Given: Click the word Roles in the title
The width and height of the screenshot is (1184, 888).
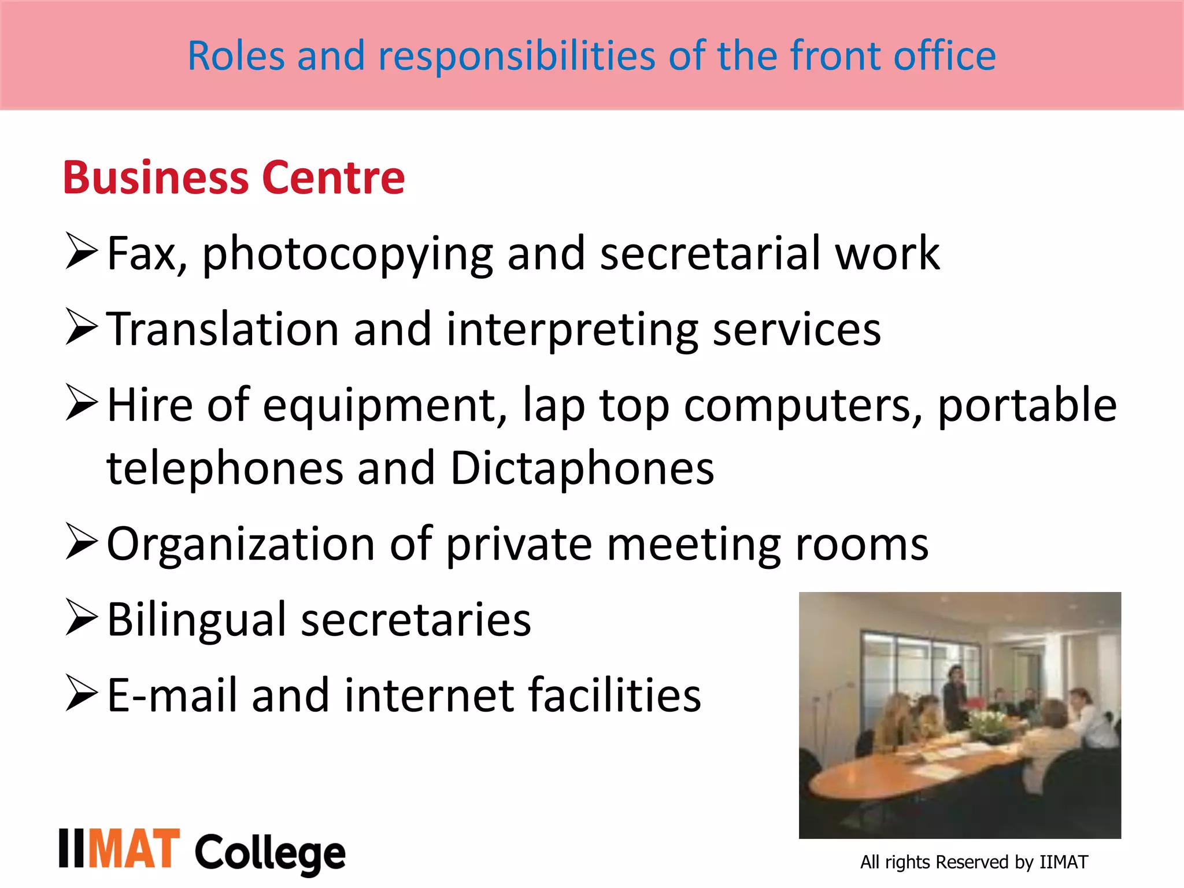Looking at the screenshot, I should click(x=236, y=56).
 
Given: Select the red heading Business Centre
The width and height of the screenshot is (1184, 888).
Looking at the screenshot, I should click(x=234, y=177).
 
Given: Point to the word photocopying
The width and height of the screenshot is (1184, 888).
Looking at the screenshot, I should click(x=347, y=254).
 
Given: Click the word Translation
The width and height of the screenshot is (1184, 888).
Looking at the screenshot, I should click(x=223, y=329).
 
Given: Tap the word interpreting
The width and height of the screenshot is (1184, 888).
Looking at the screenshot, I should click(x=572, y=330).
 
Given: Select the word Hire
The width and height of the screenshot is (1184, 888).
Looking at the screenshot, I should click(x=150, y=405).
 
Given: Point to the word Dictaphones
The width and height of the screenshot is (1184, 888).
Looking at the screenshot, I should click(x=582, y=468).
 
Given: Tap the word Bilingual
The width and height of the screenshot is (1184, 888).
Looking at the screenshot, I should click(x=197, y=620).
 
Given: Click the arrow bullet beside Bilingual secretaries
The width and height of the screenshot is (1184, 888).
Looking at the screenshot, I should click(x=81, y=617).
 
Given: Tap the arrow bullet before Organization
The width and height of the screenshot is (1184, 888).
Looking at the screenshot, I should click(x=81, y=542).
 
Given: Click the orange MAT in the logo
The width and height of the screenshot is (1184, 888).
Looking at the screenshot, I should click(x=134, y=849).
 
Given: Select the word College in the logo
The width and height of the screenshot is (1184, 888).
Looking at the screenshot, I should click(x=270, y=853).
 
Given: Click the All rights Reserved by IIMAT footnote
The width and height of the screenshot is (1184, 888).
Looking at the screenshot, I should click(x=974, y=862).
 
